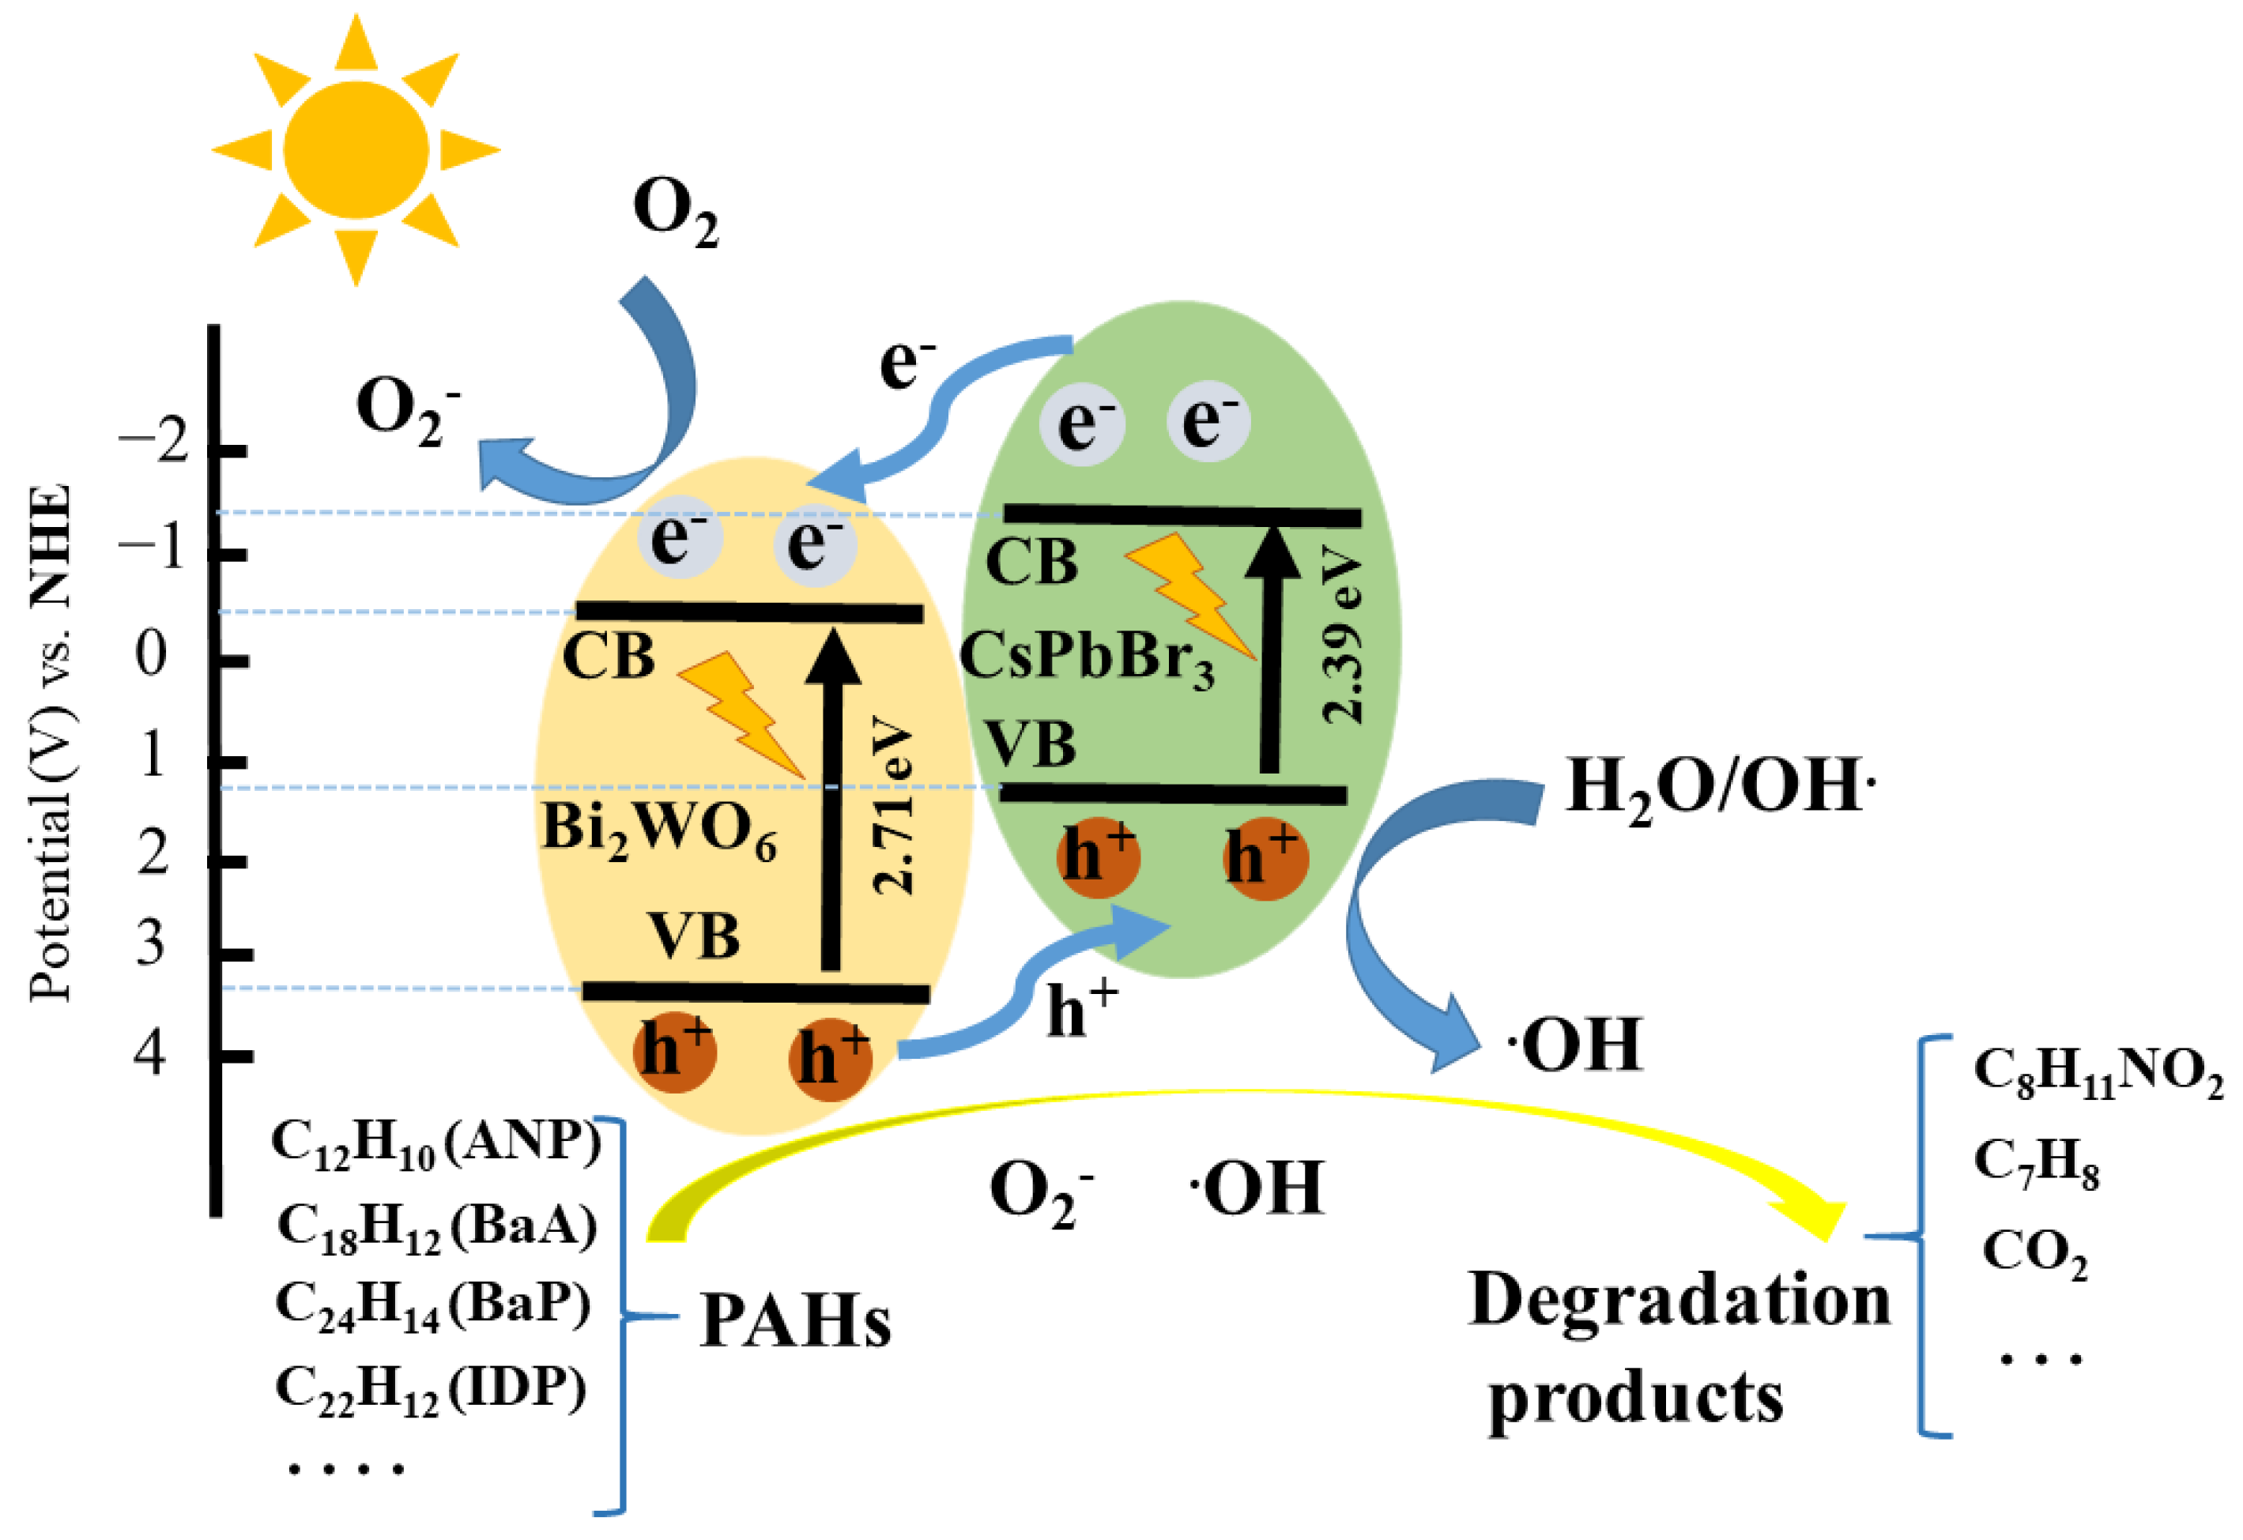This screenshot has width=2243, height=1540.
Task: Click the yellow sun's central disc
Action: [x=356, y=149]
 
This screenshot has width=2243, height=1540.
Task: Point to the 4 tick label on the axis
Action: [x=149, y=1052]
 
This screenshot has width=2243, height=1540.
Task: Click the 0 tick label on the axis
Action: [x=151, y=654]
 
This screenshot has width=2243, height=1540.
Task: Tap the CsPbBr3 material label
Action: [x=1087, y=658]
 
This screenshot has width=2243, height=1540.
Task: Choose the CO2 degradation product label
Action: [x=2034, y=1253]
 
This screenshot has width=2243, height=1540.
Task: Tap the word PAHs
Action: [x=795, y=1321]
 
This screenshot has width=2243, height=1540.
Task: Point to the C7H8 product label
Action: [x=2035, y=1163]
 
